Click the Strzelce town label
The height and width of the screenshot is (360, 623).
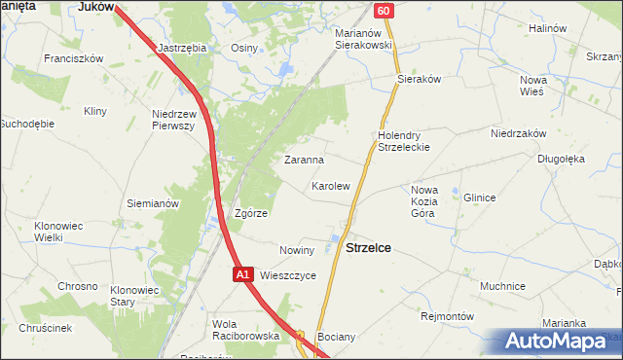tap(369, 248)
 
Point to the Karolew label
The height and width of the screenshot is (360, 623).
tap(330, 185)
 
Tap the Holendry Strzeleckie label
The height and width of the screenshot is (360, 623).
tap(404, 141)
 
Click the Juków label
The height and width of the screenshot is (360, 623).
tap(96, 6)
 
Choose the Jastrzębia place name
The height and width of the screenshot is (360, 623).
tap(181, 47)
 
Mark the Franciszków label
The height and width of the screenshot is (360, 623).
tap(73, 58)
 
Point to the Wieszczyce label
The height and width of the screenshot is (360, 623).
tap(288, 275)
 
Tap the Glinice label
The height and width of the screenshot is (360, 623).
tap(479, 198)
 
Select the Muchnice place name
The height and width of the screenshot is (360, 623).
tap(502, 286)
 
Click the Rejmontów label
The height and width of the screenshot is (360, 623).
tap(446, 316)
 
